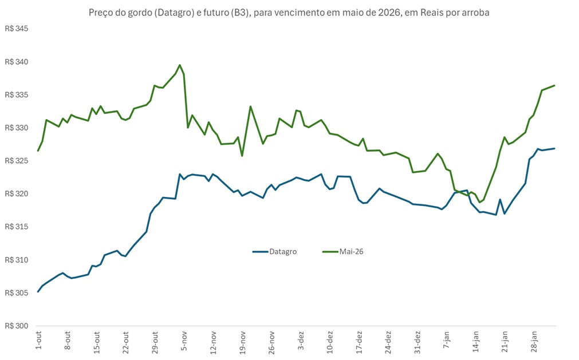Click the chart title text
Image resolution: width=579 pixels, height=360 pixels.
(289, 13)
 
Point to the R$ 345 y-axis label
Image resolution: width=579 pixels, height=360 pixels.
(16, 29)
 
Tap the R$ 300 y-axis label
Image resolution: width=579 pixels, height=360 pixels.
(16, 326)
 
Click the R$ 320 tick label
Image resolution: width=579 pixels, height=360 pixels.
(16, 194)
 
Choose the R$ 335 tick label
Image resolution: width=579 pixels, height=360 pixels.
(16, 95)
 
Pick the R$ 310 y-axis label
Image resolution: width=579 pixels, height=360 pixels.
(16, 260)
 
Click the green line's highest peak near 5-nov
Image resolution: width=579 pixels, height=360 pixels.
(180, 65)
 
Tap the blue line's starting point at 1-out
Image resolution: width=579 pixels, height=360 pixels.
(38, 291)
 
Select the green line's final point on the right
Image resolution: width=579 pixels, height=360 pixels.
(554, 85)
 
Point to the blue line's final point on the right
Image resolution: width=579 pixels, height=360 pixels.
(554, 149)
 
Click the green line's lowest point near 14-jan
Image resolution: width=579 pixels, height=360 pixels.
(480, 203)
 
